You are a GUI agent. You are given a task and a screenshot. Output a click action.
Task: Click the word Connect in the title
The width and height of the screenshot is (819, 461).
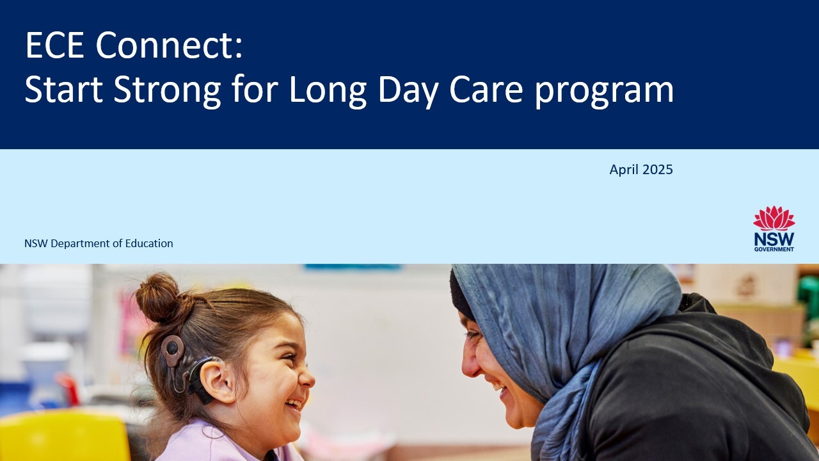[169, 46]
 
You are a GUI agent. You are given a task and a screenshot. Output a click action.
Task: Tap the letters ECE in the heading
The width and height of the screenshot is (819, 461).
[56, 46]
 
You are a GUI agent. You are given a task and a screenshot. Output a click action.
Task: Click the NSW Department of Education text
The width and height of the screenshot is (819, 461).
[99, 243]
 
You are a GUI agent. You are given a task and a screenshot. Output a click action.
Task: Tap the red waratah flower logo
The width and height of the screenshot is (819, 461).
[774, 218]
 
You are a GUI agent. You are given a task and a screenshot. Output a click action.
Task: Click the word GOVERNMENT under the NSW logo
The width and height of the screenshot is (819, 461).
[774, 249]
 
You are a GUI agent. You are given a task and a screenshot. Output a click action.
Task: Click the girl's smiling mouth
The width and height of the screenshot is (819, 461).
[294, 404]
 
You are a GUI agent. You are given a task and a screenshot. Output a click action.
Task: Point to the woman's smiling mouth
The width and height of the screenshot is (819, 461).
[497, 385]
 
